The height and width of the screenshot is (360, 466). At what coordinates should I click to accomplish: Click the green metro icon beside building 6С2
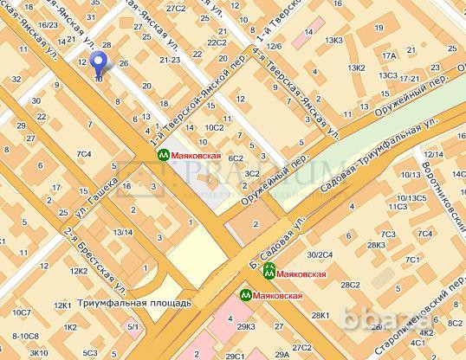162,154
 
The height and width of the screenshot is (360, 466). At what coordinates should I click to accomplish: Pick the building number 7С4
84,155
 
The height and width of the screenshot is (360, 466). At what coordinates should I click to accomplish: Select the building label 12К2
80,271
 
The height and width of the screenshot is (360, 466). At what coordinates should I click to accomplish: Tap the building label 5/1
133,326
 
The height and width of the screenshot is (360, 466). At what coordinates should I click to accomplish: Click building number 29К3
246,326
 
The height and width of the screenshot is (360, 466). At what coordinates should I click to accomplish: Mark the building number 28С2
350,284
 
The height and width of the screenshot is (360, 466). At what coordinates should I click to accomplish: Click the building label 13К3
332,40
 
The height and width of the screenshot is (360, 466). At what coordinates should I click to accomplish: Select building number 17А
388,57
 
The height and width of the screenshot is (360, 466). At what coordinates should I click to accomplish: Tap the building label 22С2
217,42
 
